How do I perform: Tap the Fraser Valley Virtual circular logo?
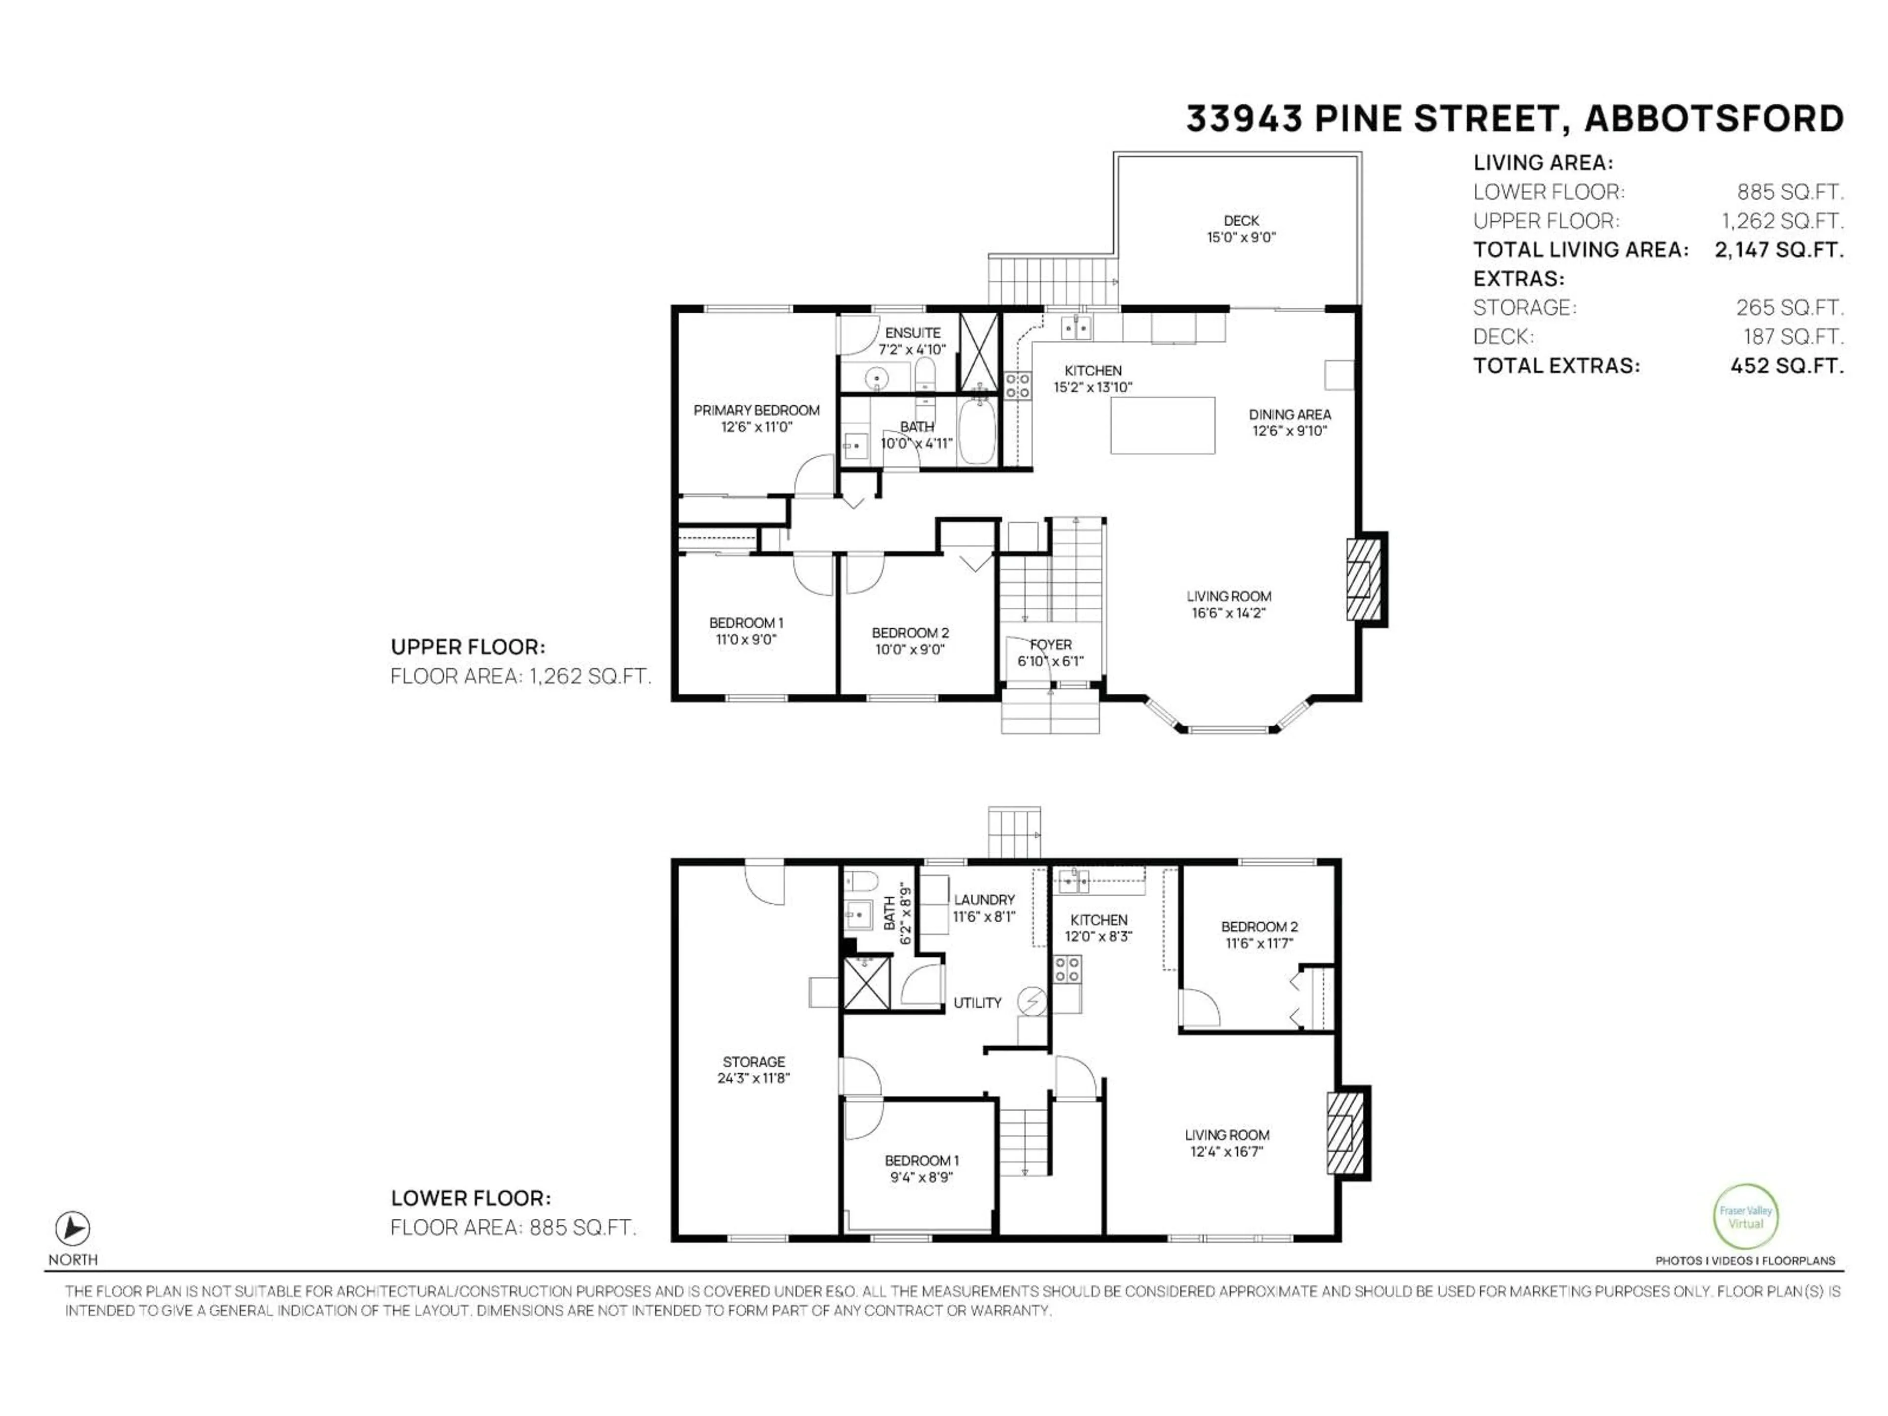1745,1217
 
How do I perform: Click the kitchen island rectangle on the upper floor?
1162,425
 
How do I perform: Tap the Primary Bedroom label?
756,411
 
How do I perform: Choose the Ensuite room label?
913,333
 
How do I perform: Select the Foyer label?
1050,645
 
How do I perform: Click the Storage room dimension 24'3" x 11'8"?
754,1078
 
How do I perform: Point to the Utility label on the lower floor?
977,1003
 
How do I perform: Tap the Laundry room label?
984,900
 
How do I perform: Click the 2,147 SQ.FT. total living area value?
1779,250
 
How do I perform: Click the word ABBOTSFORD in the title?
1714,118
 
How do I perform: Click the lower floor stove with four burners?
1067,968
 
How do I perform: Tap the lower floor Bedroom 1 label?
921,1161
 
